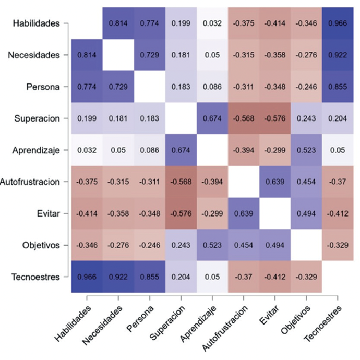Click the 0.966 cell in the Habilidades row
(x=338, y=23)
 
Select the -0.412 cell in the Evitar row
(x=338, y=214)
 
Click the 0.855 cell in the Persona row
(x=338, y=87)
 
